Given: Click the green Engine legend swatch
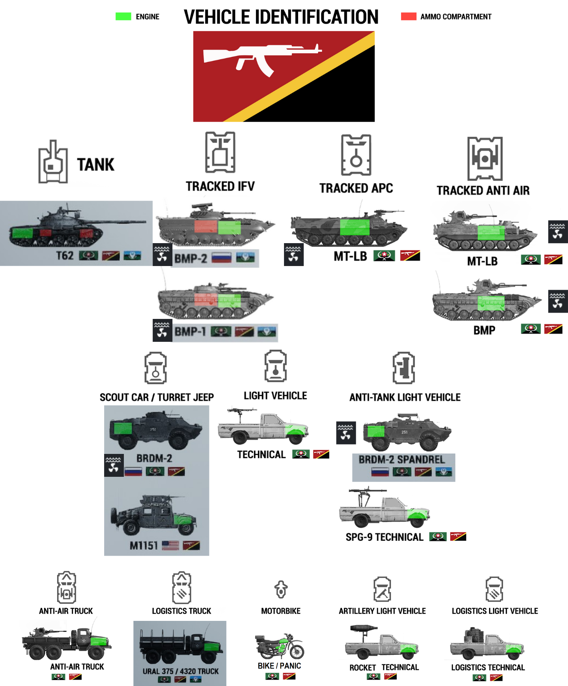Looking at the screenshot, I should [x=123, y=17].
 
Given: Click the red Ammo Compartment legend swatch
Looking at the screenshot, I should [x=409, y=17].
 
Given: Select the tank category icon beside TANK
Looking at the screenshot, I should [x=53, y=162].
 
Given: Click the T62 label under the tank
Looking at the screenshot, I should [x=65, y=256].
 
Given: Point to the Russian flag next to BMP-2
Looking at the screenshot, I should [x=221, y=258].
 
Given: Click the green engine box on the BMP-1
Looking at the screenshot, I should [x=229, y=300].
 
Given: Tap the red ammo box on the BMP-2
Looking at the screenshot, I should [x=206, y=227].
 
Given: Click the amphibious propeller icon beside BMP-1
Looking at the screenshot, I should [x=162, y=330].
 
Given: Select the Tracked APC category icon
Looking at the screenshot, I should [x=356, y=155].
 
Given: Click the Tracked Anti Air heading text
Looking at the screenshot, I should [x=483, y=191].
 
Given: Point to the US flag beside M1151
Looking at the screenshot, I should [x=170, y=545].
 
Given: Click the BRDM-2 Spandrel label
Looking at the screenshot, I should [x=402, y=459].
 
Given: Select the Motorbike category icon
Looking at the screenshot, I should [x=281, y=589].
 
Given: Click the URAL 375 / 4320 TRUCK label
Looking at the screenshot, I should [x=180, y=671].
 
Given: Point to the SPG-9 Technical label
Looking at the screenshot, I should [x=384, y=537].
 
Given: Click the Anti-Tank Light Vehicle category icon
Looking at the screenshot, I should [x=404, y=368].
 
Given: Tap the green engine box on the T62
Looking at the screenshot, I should [x=22, y=232].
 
